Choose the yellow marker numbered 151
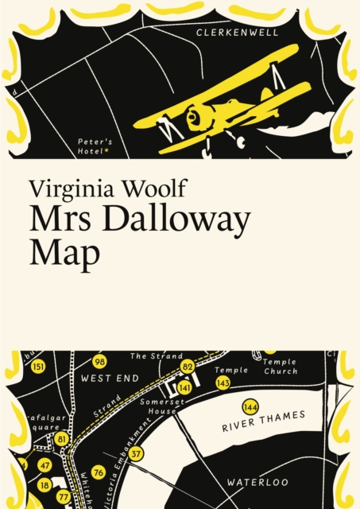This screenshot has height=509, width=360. coord(38,367)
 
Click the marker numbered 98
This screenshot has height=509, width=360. coord(99,361)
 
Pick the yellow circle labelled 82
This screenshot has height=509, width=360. coord(188,367)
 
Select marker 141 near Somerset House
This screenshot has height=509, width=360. coord(184,387)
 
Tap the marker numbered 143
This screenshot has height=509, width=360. coord(223,383)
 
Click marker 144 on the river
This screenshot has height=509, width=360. coord(250,407)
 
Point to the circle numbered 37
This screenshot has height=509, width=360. coord(136,454)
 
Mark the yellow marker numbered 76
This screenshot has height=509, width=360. coord(98,472)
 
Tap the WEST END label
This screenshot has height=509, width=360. coord(110,378)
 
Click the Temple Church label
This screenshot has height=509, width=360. coord(280,367)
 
